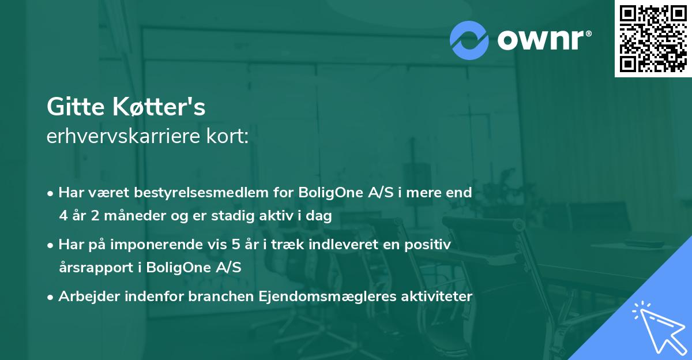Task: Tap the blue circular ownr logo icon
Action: tap(469, 40)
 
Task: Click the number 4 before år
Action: tap(63, 216)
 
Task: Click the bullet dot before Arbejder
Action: tap(51, 297)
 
